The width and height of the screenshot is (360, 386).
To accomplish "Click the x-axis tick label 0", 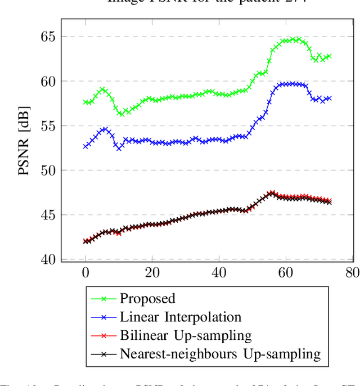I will pyautogui.click(x=85, y=273).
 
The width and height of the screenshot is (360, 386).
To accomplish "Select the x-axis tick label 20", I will pyautogui.click(x=152, y=273).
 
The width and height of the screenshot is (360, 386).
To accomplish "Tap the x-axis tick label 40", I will pyautogui.click(x=219, y=273).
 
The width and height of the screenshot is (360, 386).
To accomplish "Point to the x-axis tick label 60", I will pyautogui.click(x=286, y=273).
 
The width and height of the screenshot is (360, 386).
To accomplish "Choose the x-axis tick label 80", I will pyautogui.click(x=353, y=273).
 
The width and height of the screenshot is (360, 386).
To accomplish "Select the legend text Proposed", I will pyautogui.click(x=147, y=298).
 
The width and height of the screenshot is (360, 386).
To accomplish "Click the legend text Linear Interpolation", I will pyautogui.click(x=180, y=317).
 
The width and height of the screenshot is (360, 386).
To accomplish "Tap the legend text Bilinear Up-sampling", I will pyautogui.click(x=186, y=335).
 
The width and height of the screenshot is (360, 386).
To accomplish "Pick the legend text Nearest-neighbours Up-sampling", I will pyautogui.click(x=220, y=354).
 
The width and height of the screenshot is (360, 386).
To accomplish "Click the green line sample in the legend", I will pyautogui.click(x=102, y=298).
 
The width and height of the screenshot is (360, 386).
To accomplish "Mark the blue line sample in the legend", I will pyautogui.click(x=102, y=317).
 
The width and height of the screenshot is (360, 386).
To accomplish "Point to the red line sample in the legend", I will pyautogui.click(x=102, y=335).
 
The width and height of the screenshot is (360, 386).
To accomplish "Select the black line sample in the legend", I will pyautogui.click(x=102, y=354).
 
